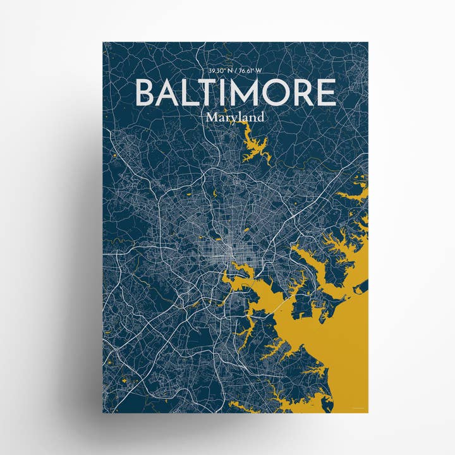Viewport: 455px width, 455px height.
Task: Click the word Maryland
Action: pyautogui.click(x=234, y=118)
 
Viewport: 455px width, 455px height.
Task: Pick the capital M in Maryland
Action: pyautogui.click(x=211, y=117)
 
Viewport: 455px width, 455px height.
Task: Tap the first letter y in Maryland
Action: pyautogui.click(x=232, y=119)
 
